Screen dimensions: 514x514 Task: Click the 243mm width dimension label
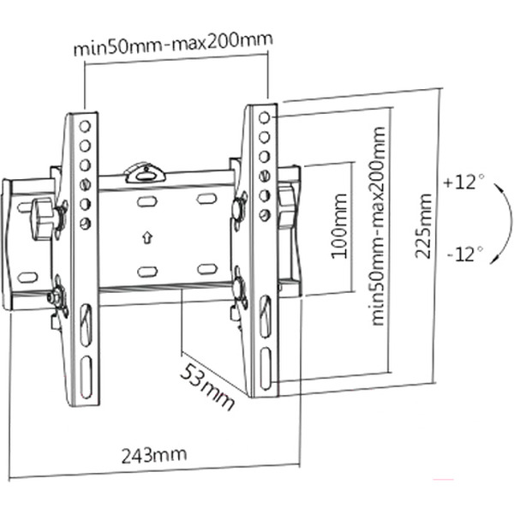pos(153,453)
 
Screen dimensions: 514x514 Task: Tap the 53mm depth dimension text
pos(207,385)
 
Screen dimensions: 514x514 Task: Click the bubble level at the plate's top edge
pos(145,173)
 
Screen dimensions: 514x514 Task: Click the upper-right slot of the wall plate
pos(206,199)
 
